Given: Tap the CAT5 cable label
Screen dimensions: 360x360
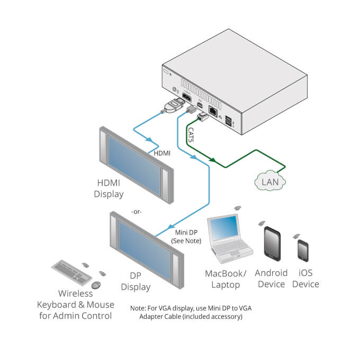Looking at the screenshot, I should [190, 134].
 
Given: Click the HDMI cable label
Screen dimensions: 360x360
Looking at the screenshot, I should [162, 153].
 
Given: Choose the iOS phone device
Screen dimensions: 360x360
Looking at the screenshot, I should [303, 251].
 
